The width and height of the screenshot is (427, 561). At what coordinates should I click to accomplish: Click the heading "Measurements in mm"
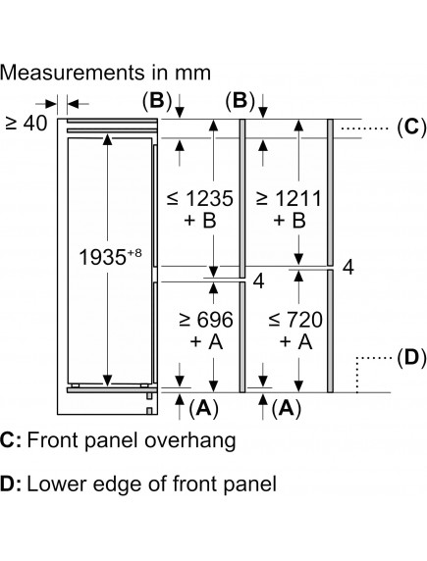(105, 73)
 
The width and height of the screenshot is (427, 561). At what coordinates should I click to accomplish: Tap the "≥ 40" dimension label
(27, 124)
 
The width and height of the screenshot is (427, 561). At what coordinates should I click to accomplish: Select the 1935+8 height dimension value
(110, 257)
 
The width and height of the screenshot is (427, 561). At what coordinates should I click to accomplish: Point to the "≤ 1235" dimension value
(200, 198)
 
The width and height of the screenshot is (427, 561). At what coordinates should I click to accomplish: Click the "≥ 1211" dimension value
(290, 198)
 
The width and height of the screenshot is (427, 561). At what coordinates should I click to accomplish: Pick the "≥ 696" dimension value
(206, 320)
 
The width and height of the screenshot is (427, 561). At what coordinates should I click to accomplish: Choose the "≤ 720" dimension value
(295, 320)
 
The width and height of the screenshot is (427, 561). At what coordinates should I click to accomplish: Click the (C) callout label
(411, 127)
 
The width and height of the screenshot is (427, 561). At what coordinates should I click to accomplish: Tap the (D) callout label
(411, 358)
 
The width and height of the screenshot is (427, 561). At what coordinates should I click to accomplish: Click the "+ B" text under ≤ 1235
(200, 220)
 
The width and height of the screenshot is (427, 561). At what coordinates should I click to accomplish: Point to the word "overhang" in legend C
(189, 440)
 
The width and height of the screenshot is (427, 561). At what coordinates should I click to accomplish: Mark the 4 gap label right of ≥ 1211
(348, 267)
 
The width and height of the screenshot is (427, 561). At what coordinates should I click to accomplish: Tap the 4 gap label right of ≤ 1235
(258, 280)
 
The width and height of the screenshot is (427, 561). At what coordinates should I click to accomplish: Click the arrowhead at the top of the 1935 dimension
(107, 139)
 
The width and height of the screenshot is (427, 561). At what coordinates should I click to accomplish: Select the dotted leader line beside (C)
(365, 127)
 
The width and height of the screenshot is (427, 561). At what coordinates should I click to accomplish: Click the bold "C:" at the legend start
(11, 440)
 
